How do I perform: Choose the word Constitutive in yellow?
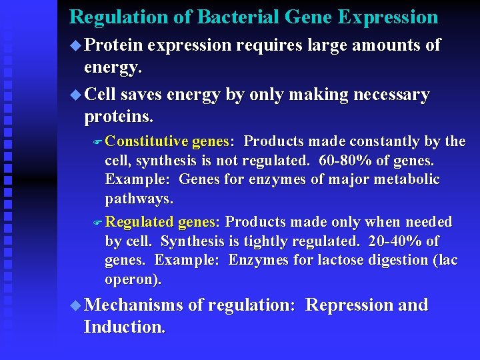pyautogui.click(x=147, y=142)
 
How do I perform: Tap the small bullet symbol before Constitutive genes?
pyautogui.click(x=98, y=142)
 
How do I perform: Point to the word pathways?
pyautogui.click(x=139, y=199)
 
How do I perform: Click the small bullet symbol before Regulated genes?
pyautogui.click(x=98, y=223)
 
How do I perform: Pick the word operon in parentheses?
pyautogui.click(x=131, y=279)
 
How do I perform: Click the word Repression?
pyautogui.click(x=345, y=305)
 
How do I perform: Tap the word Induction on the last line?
pyautogui.click(x=123, y=327)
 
